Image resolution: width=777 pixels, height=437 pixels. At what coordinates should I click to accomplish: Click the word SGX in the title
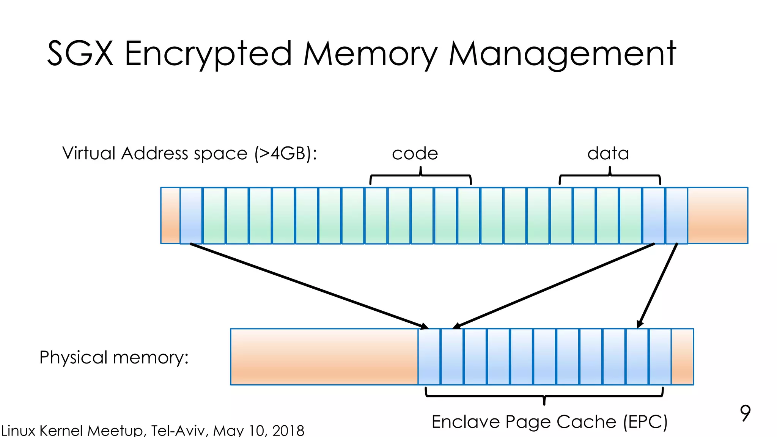click(x=80, y=53)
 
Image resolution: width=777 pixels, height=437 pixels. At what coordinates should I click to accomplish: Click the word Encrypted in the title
click(x=208, y=54)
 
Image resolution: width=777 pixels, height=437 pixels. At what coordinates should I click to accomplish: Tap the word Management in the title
click(x=562, y=54)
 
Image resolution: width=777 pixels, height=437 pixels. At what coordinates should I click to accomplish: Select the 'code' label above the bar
click(x=415, y=154)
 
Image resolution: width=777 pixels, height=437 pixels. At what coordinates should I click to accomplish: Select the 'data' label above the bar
click(x=608, y=154)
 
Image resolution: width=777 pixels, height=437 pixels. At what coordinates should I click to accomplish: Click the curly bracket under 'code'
click(x=420, y=176)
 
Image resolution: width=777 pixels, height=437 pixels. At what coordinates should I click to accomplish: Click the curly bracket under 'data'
click(x=610, y=176)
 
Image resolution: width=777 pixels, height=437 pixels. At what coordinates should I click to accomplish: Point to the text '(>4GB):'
click(x=286, y=154)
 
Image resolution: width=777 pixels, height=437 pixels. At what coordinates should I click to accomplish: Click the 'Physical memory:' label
click(x=114, y=357)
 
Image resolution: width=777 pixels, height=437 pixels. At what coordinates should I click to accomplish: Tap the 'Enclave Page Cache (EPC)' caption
click(x=549, y=422)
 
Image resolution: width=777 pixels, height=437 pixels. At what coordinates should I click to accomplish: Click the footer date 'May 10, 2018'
click(x=258, y=431)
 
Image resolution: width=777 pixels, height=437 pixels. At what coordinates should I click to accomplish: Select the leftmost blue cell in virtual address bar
click(x=191, y=215)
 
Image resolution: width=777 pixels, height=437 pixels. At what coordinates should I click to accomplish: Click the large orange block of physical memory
click(x=324, y=357)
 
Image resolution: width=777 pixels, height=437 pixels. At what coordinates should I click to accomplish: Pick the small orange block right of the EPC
click(x=682, y=357)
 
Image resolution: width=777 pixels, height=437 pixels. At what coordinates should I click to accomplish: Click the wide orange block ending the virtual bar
click(x=717, y=215)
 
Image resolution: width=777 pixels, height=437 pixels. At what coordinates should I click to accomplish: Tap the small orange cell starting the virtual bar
click(x=170, y=215)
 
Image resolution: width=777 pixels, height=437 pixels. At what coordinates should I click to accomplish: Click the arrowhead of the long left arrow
click(x=425, y=326)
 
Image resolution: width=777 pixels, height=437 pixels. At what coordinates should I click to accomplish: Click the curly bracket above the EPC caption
click(x=544, y=396)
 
